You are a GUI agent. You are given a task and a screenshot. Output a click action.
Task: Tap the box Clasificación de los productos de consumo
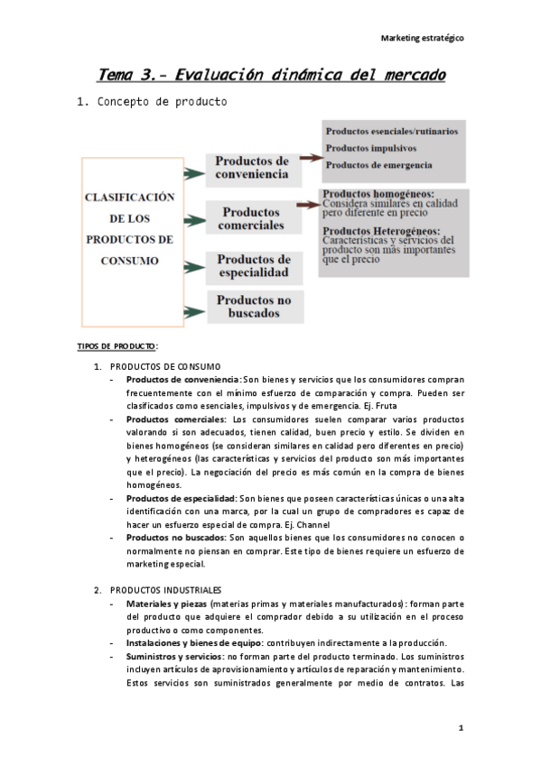click(128, 229)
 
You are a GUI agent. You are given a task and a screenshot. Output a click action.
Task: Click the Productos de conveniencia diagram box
click(252, 167)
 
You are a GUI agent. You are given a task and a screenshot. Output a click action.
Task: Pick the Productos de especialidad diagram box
click(252, 265)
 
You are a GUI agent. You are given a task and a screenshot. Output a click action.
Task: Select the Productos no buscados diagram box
click(252, 307)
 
